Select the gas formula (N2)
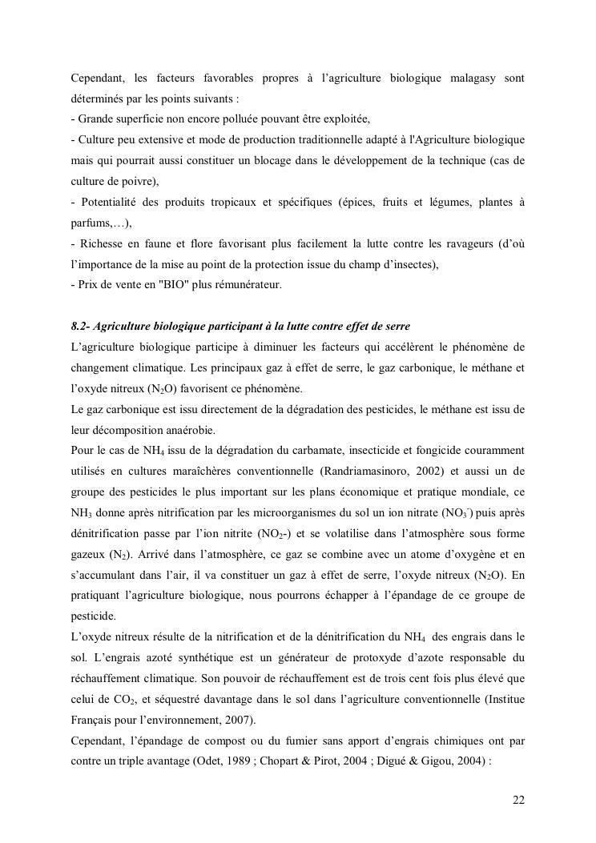115,554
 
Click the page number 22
518,801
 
